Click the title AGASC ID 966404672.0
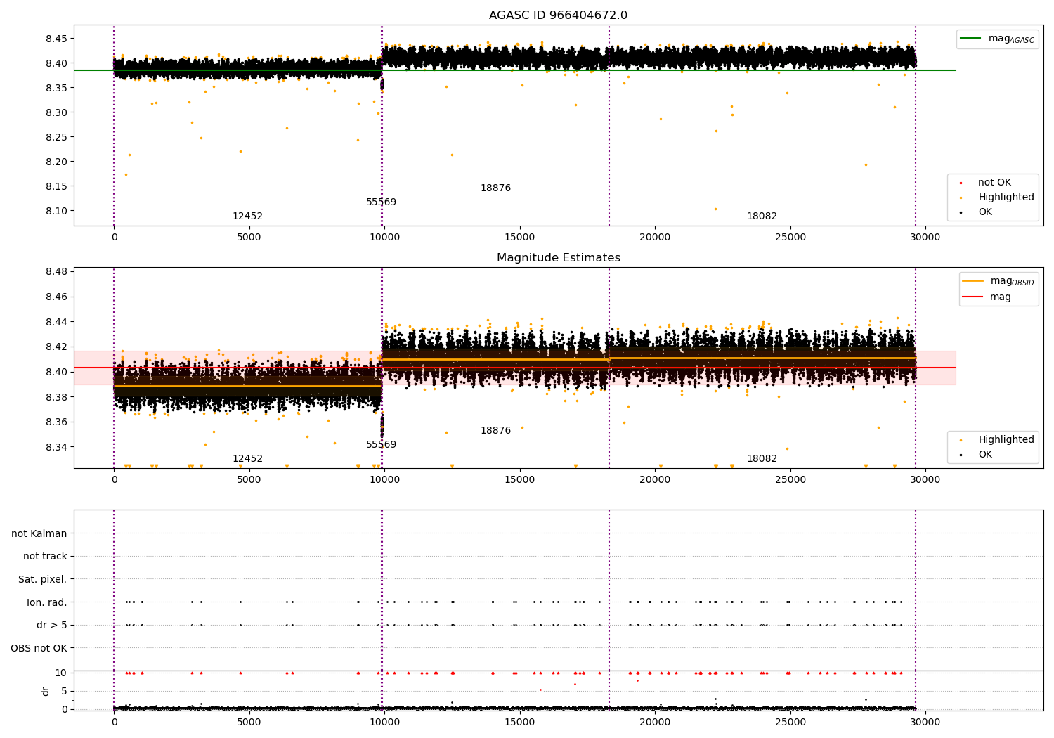pyautogui.click(x=558, y=15)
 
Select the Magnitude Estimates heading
pyautogui.click(x=558, y=258)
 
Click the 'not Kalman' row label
pyautogui.click(x=39, y=533)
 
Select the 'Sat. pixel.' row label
pyautogui.click(x=42, y=579)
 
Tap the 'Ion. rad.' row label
pyautogui.click(x=46, y=602)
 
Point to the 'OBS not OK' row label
pyautogui.click(x=39, y=648)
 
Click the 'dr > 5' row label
pyautogui.click(x=51, y=625)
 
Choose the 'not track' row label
pyautogui.click(x=45, y=556)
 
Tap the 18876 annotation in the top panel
pyautogui.click(x=495, y=188)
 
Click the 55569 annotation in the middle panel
pyautogui.click(x=381, y=445)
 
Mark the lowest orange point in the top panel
pyautogui.click(x=715, y=209)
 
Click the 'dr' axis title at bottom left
pyautogui.click(x=46, y=691)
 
